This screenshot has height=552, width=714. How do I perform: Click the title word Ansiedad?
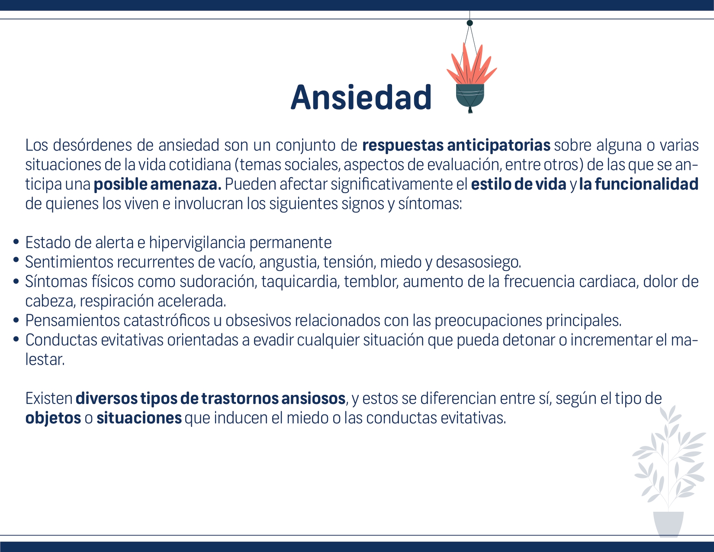coord(361,97)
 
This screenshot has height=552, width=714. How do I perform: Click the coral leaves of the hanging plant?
coord(472,64)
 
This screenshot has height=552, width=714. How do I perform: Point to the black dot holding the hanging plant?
coord(470,23)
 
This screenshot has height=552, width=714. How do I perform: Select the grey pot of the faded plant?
coord(668,524)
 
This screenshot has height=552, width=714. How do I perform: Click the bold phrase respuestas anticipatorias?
coord(456,145)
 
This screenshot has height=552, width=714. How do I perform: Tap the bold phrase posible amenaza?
coord(158,184)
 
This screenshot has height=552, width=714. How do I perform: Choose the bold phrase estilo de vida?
coord(518,184)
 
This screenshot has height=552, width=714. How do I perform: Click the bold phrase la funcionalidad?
coord(639,184)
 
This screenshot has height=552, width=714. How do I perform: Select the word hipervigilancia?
coord(197,243)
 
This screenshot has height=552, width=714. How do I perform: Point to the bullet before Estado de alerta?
coord(16,242)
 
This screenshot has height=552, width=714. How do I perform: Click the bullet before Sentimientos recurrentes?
coord(16,260)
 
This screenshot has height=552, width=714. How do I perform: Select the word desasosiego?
coord(479,262)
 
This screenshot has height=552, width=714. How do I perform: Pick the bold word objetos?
coord(53,418)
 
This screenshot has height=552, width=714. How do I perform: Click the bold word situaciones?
coord(139,418)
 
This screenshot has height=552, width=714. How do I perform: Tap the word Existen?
coord(49,398)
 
